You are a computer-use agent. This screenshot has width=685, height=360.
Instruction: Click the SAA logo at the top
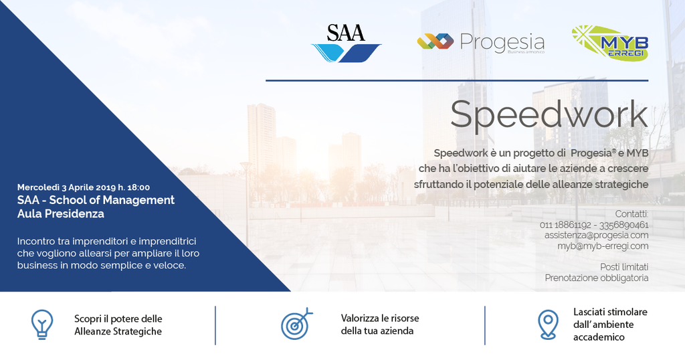pos(346,43)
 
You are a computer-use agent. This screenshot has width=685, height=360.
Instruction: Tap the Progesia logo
pos(481,43)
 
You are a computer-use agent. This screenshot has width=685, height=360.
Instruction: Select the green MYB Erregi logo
pos(610,43)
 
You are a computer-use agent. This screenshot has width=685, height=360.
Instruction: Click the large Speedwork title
pos(549,114)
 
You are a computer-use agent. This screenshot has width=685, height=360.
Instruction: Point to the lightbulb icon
pos(42,325)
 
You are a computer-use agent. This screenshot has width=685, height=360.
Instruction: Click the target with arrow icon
pos(296,323)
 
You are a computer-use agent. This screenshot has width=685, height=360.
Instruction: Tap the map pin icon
pos(548,325)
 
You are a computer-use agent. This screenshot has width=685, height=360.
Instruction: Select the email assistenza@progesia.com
pos(596,235)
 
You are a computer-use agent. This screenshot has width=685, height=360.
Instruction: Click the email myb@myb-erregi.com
pos(603,246)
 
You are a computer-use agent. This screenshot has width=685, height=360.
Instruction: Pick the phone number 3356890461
pos(624,225)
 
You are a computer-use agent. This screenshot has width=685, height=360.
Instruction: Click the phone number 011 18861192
pos(565,225)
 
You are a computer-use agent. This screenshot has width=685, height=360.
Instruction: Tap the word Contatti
pos(631,214)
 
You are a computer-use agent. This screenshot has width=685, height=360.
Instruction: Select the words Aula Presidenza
pos(61,213)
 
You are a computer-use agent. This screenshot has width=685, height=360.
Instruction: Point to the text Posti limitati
pos(624,267)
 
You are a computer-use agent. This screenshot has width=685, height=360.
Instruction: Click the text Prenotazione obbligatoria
pos(597,278)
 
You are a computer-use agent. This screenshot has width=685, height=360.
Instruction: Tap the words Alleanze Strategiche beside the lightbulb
pos(118,332)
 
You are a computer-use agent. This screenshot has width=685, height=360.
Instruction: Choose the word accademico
pos(599,337)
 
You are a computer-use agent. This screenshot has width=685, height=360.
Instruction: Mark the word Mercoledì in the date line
pos(38,187)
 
